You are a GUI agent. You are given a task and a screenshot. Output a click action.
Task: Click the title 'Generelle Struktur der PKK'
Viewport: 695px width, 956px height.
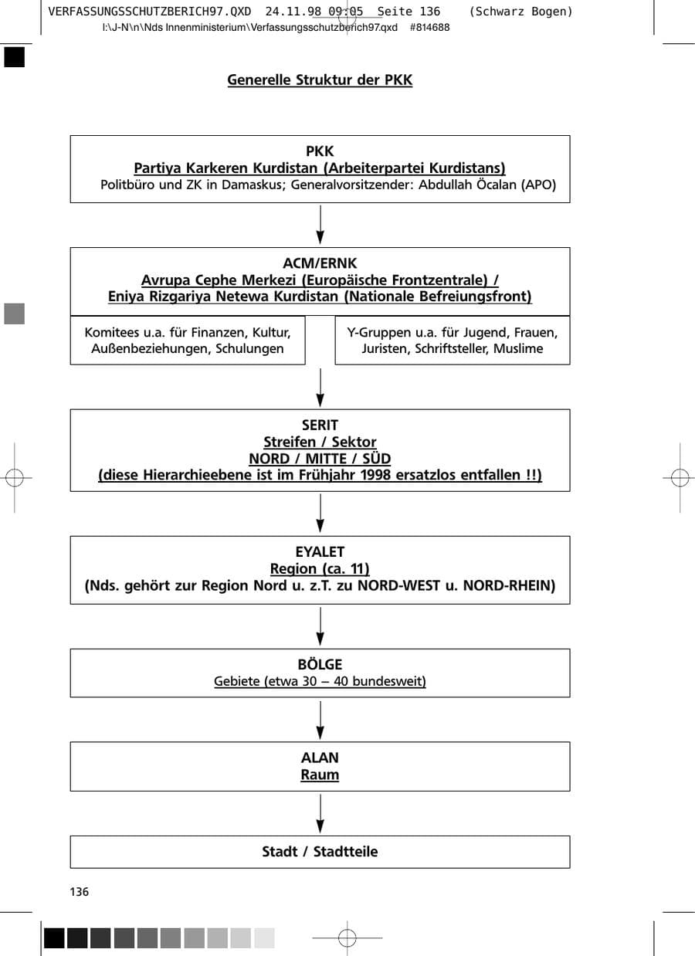[x=320, y=80]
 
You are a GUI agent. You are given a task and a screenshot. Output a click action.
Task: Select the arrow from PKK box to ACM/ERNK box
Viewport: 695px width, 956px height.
[x=320, y=225]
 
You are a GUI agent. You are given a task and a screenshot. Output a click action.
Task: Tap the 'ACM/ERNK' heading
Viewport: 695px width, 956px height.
[x=320, y=263]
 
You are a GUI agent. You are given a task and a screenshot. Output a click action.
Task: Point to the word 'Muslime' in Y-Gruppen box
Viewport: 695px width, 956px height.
[x=518, y=349]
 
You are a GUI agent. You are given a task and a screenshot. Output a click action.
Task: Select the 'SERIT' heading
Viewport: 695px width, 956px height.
[x=320, y=425]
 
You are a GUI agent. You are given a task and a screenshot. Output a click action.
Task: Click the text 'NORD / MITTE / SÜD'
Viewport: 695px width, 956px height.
[x=320, y=459]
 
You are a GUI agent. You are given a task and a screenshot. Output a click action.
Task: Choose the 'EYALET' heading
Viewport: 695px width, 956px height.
[x=320, y=552]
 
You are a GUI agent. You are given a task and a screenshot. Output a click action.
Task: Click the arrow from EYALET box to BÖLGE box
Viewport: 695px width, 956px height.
[x=320, y=626]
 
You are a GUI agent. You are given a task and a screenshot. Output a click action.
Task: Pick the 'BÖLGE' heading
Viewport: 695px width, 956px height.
[x=320, y=665]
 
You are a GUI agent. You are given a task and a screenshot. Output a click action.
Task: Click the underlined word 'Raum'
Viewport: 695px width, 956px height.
[x=320, y=775]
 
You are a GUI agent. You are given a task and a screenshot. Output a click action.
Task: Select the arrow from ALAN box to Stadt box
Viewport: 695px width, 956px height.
[x=320, y=813]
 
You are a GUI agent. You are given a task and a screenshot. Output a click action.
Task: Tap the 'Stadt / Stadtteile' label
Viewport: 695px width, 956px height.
[x=320, y=852]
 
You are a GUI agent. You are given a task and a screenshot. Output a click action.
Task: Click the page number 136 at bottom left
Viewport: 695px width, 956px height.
[x=80, y=892]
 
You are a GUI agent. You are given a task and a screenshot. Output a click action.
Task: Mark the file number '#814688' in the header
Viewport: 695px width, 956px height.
[x=429, y=28]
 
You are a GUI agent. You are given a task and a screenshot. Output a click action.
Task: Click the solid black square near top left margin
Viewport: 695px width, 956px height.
[x=15, y=57]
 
